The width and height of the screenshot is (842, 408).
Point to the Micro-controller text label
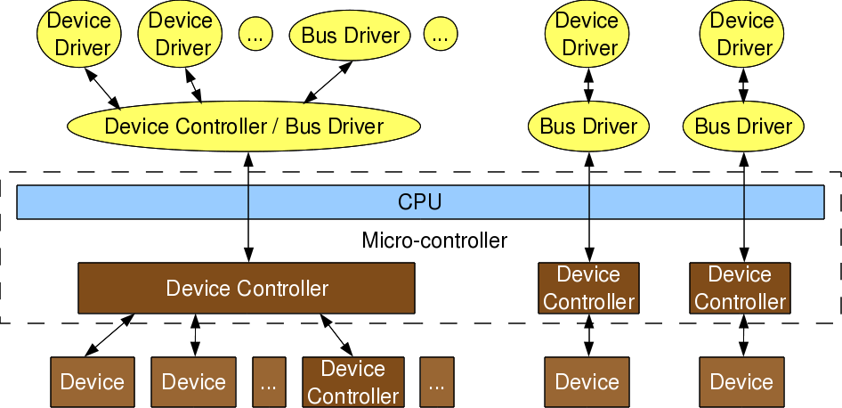pyautogui.click(x=434, y=241)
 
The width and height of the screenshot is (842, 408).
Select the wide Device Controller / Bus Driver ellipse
pyautogui.click(x=244, y=126)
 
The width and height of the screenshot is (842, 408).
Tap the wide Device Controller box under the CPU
pyautogui.click(x=247, y=289)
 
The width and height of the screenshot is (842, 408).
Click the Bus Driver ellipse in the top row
pyautogui.click(x=351, y=36)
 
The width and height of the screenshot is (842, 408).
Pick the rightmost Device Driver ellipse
pyautogui.click(x=742, y=33)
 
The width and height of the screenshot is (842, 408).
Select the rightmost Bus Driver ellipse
pyautogui.click(x=742, y=126)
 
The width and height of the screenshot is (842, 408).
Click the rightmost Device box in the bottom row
pyautogui.click(x=741, y=382)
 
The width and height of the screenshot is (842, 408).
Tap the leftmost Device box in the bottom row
pyautogui.click(x=93, y=382)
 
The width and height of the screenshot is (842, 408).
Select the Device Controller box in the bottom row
pyautogui.click(x=352, y=382)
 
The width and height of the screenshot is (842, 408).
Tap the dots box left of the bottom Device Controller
pyautogui.click(x=270, y=382)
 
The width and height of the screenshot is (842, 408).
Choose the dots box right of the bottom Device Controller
pyautogui.click(x=436, y=382)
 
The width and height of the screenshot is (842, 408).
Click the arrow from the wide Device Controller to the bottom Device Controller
pyautogui.click(x=337, y=335)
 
